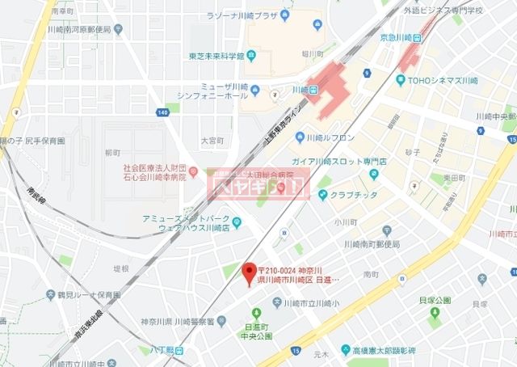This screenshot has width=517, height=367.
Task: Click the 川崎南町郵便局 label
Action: (x=372, y=243)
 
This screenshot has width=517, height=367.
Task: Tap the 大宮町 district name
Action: (x=212, y=140)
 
